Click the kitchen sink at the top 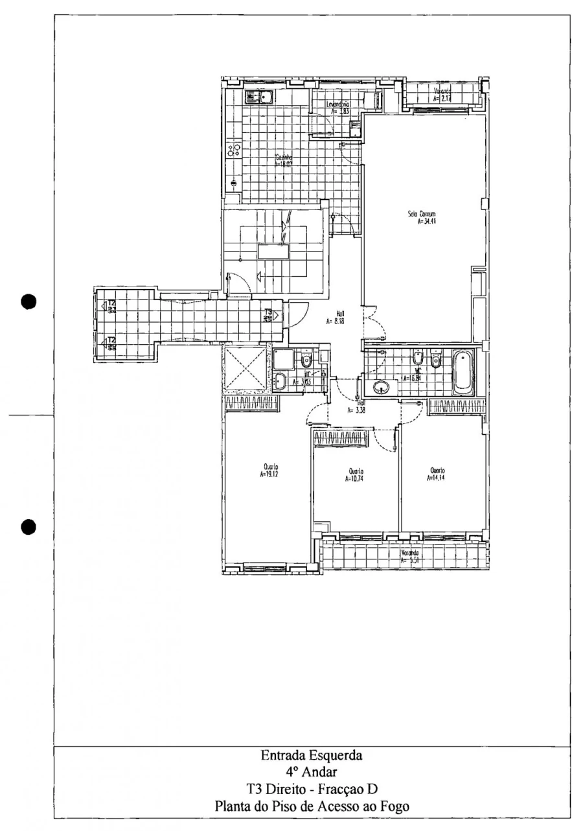click(x=259, y=98)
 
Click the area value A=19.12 click(x=269, y=474)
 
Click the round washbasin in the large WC click(x=380, y=388)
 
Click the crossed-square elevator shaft click(x=246, y=368)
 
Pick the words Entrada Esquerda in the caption click(x=312, y=755)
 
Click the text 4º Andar click(x=312, y=772)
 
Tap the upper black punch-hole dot click(x=27, y=301)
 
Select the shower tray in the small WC click(x=283, y=358)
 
